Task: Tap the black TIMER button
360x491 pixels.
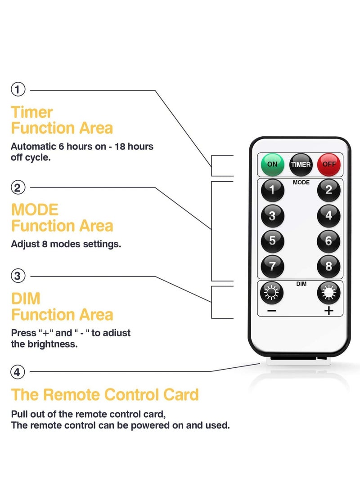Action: point(301,165)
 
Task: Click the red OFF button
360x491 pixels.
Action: point(329,165)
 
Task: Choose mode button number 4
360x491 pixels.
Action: point(329,216)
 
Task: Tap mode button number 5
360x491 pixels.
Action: point(272,241)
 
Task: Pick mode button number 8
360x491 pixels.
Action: point(329,266)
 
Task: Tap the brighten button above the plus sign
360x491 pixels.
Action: point(329,293)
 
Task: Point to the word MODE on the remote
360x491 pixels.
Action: point(301,183)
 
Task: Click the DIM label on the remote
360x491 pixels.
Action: point(301,284)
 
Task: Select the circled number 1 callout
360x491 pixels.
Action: point(18,90)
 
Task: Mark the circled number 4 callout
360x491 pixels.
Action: point(18,372)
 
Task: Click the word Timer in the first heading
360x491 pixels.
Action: point(32,112)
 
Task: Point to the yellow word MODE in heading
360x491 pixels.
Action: point(35,210)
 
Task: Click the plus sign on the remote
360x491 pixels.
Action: point(329,311)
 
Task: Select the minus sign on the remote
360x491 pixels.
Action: point(272,311)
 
